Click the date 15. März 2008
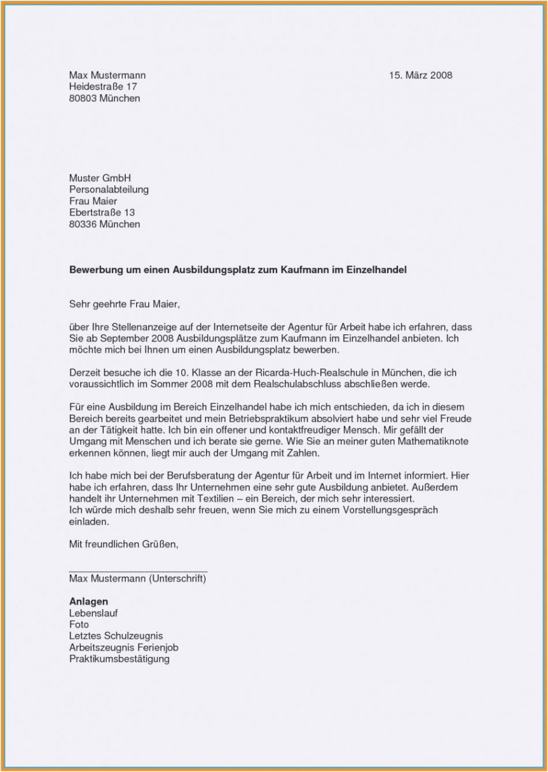(x=420, y=75)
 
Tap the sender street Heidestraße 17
(x=103, y=87)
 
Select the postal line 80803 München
(x=104, y=98)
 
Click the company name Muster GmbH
(x=100, y=178)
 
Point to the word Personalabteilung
(x=109, y=190)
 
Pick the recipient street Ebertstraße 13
(x=102, y=213)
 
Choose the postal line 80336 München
(x=104, y=224)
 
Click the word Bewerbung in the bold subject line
(x=96, y=270)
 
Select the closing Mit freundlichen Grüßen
(x=124, y=545)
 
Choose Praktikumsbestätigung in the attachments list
(x=119, y=659)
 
